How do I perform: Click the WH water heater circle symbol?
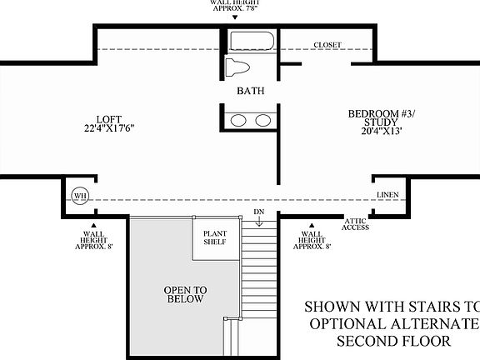tap(81, 196)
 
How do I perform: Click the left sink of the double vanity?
tap(239, 120)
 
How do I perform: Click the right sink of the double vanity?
tap(262, 120)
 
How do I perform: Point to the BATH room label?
tap(250, 91)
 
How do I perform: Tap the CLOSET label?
tap(327, 45)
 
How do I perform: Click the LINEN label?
tap(387, 195)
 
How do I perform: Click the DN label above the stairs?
tap(258, 212)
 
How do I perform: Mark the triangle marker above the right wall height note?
tap(311, 225)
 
